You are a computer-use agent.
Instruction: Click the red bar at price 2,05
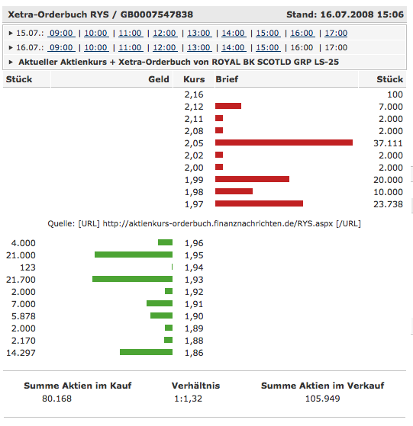(x=284, y=143)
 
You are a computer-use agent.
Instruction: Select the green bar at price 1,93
(x=132, y=279)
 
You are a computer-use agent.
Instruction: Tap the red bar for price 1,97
(x=259, y=203)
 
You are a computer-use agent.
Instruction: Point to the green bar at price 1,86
(x=146, y=352)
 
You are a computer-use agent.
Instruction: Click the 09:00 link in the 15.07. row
(x=61, y=34)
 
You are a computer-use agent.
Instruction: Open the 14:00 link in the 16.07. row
(x=232, y=47)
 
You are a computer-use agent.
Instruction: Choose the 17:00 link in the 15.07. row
(x=335, y=34)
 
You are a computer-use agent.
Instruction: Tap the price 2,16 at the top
(x=194, y=94)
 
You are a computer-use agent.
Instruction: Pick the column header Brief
(x=227, y=79)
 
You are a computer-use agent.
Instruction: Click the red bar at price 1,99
(x=252, y=179)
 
